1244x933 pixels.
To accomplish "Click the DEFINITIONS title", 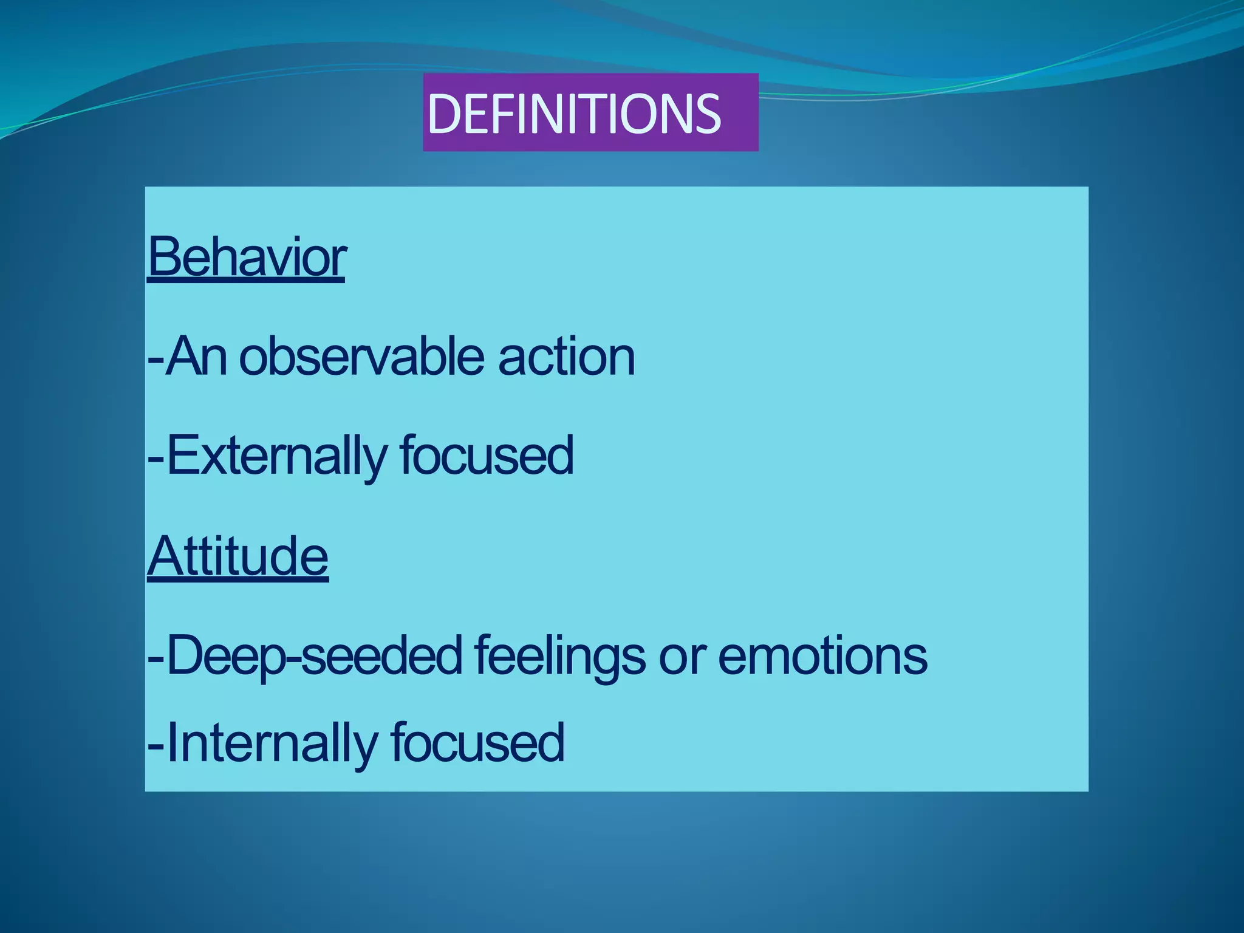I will point(574,114).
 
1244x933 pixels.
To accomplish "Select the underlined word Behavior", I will point(247,258).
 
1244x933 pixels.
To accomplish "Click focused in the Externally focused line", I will point(486,456).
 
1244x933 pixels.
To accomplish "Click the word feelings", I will point(559,656).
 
